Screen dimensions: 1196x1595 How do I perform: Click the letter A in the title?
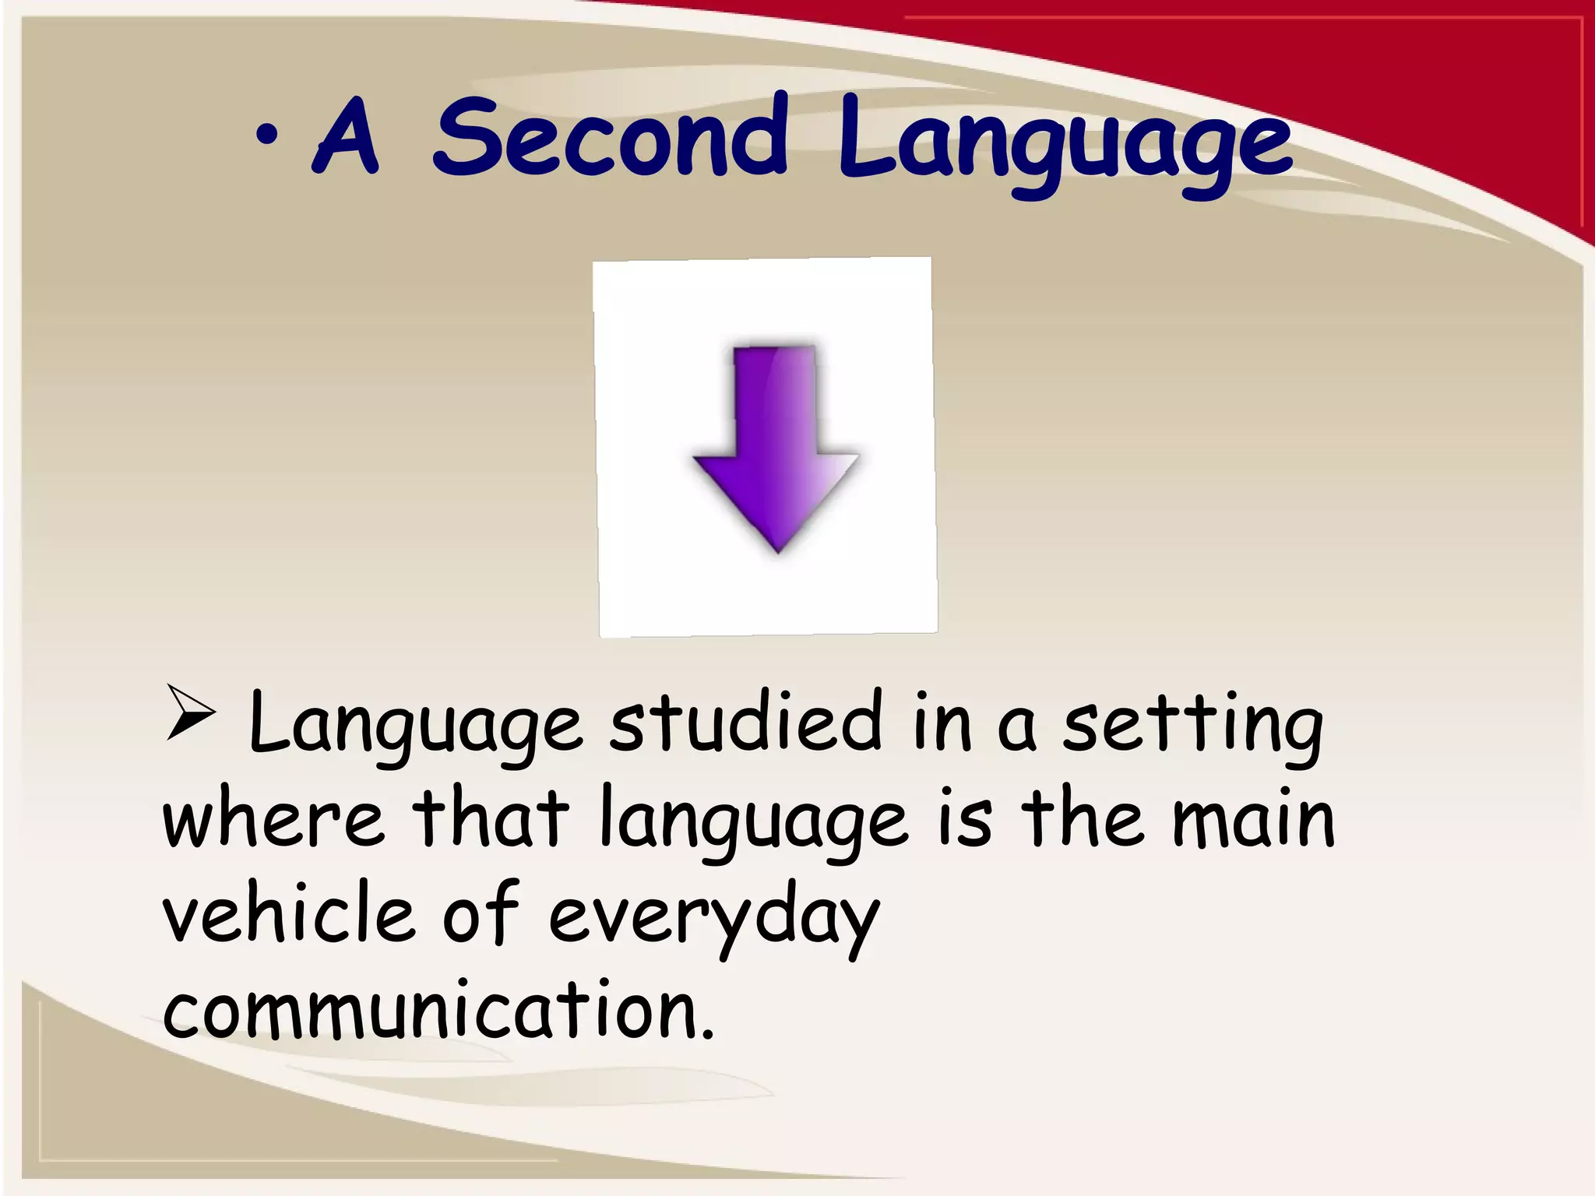tap(346, 138)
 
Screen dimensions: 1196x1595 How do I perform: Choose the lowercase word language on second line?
tap(753, 824)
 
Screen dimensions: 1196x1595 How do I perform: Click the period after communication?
tap(706, 1034)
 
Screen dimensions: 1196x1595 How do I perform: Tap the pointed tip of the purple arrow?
tap(778, 551)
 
